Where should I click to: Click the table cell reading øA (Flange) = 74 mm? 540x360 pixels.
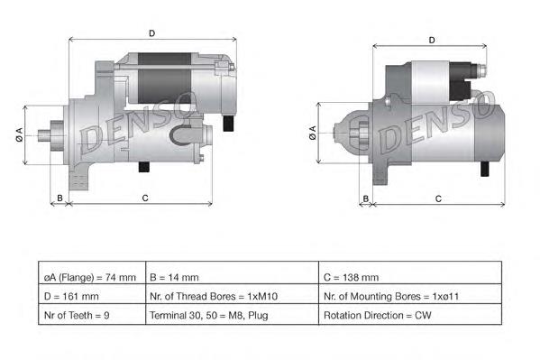tap(90, 277)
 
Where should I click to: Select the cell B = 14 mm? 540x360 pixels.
tap(231, 277)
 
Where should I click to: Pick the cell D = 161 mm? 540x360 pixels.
tap(90, 296)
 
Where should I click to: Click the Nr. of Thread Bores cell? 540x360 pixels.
tap(231, 296)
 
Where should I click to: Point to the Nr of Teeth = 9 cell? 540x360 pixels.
tap(90, 315)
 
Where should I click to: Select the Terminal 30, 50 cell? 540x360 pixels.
tap(231, 315)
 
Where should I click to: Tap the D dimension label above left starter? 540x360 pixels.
tap(151, 33)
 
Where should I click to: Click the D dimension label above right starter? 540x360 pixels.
tap(432, 40)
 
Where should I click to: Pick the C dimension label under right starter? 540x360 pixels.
tap(437, 198)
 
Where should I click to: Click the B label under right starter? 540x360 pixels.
tap(366, 198)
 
